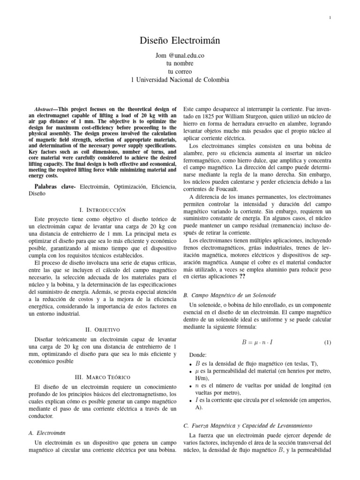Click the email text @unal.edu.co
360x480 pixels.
pos(188,55)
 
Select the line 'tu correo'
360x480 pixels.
pos(180,72)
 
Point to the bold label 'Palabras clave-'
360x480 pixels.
pos(54,187)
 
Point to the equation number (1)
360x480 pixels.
pos(327,343)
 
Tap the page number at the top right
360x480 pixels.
pos(330,18)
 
